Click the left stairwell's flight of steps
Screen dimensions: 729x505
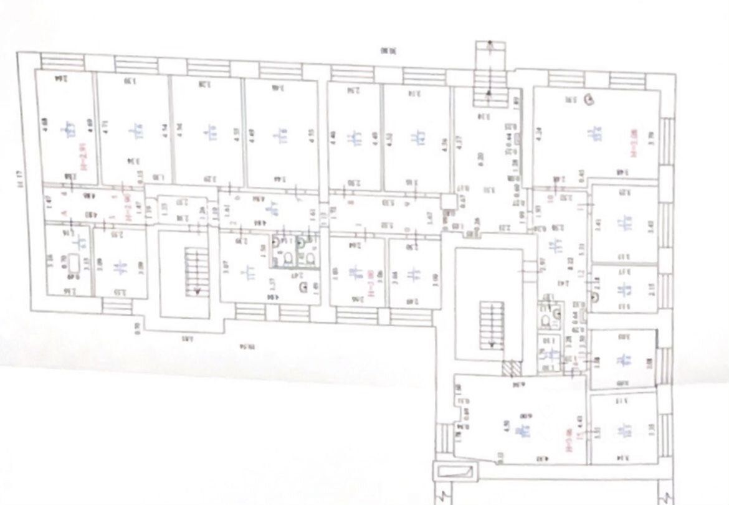(193, 272)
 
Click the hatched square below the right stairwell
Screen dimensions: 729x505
(510, 368)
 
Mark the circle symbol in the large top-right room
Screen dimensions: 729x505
(589, 97)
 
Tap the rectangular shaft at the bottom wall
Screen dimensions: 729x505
(453, 471)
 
